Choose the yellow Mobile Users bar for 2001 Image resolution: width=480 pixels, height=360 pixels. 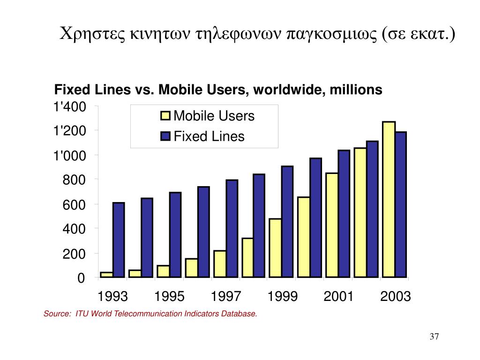tap(332, 225)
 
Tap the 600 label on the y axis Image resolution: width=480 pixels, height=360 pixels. tap(75, 205)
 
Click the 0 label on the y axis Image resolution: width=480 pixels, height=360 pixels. tap(81, 278)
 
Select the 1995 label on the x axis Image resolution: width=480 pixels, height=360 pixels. tap(170, 297)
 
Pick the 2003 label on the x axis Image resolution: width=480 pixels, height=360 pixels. tap(396, 297)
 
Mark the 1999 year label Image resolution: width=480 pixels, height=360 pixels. tap(283, 297)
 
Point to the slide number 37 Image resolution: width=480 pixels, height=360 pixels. tap(434, 337)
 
